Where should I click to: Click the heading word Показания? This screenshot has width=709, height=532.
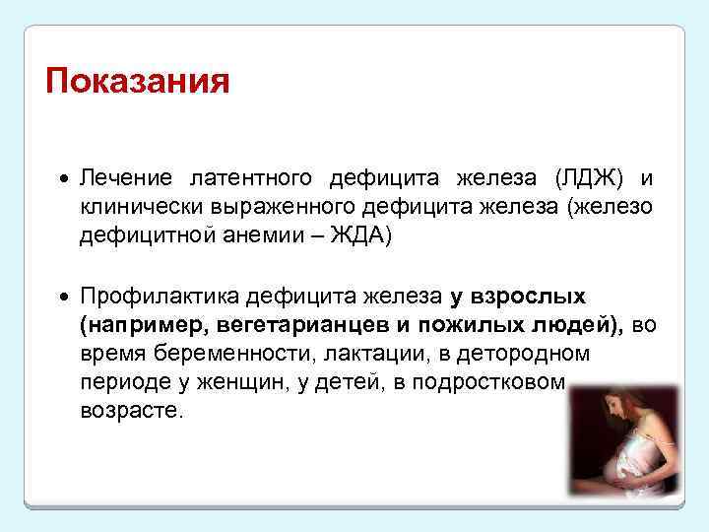coord(138,80)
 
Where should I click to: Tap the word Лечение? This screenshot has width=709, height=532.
coord(126,178)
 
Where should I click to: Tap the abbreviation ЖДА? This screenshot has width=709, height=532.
coord(358,237)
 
